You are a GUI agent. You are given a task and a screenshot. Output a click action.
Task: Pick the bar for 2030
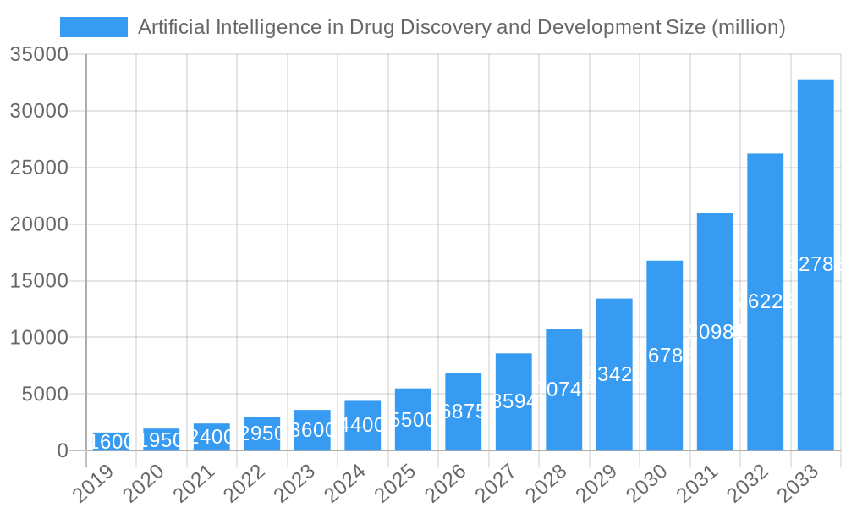(664, 356)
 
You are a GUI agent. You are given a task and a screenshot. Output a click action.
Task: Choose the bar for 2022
(261, 433)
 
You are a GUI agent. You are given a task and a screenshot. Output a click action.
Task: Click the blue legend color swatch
(94, 27)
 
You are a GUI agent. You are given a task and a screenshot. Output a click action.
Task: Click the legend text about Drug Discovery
(461, 27)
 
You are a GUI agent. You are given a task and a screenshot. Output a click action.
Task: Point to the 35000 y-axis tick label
(39, 55)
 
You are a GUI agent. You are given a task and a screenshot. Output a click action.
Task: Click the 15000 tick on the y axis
(39, 281)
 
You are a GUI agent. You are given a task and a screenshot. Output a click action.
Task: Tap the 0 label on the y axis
(63, 451)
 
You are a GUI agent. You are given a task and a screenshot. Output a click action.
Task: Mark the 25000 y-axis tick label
(39, 168)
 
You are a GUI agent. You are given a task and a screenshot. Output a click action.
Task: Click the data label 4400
(362, 425)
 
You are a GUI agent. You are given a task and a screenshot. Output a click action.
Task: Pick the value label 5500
(413, 420)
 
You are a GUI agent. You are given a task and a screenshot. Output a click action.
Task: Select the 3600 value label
(311, 430)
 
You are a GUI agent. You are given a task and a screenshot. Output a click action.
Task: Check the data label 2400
(211, 437)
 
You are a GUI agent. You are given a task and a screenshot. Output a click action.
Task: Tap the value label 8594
(513, 401)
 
